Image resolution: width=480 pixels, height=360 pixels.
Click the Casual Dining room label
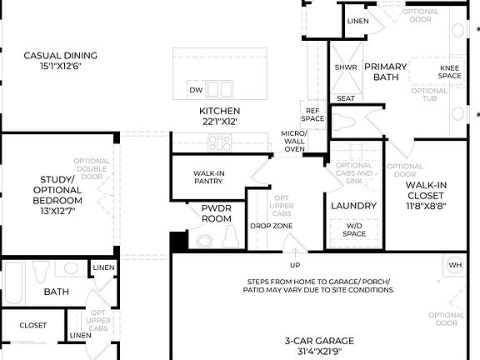pyautogui.click(x=60, y=57)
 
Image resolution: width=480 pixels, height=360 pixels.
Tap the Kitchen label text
pyautogui.click(x=219, y=112)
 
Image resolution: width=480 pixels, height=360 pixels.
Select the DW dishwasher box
pyautogui.click(x=195, y=89)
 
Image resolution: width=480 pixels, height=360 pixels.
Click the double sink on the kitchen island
pyautogui.click(x=219, y=88)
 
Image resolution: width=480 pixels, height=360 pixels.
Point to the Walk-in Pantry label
pyautogui.click(x=191, y=177)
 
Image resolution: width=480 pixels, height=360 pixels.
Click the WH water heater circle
pyautogui.click(x=454, y=265)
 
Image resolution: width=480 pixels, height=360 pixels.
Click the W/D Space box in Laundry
pyautogui.click(x=353, y=229)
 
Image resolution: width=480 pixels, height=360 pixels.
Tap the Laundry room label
pyautogui.click(x=353, y=206)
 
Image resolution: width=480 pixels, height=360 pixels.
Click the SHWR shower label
pyautogui.click(x=345, y=67)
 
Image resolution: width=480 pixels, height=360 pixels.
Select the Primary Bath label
pyautogui.click(x=385, y=72)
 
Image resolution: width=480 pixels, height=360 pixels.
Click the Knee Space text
pyautogui.click(x=450, y=72)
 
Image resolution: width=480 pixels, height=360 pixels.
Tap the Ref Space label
pyautogui.click(x=313, y=114)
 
